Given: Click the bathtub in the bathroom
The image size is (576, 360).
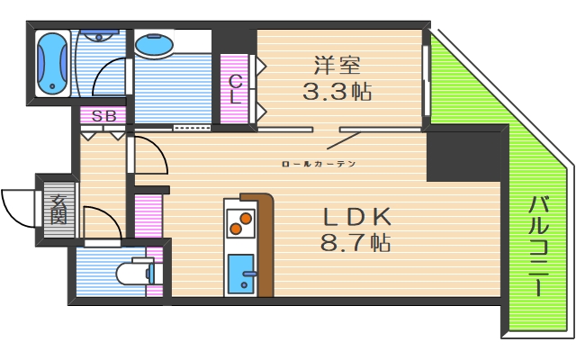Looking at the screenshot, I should [x=53, y=64].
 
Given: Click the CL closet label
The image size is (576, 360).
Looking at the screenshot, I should [x=234, y=90].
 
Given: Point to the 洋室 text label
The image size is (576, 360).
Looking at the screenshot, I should [x=337, y=65].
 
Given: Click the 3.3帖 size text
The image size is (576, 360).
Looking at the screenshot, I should [x=337, y=90].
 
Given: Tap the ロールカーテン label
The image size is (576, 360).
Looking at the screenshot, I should [x=319, y=164].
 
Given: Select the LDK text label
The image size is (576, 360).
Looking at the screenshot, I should [x=357, y=217].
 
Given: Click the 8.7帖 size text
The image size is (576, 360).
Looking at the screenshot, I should [x=356, y=242].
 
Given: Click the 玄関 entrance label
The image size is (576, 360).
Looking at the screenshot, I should [x=58, y=210].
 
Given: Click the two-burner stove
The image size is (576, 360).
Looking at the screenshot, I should [x=239, y=221].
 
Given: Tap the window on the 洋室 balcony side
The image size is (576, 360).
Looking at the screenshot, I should [x=426, y=80].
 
